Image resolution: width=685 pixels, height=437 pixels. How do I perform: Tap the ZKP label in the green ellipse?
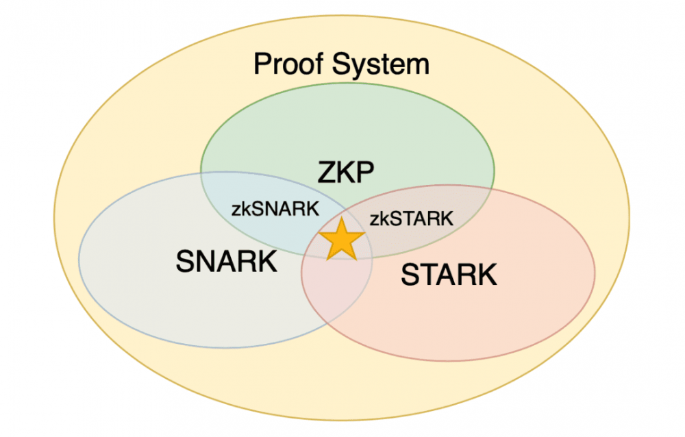click(x=346, y=173)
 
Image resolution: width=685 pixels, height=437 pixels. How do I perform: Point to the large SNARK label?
click(x=227, y=261)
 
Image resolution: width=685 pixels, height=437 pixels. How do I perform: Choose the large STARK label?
click(x=449, y=275)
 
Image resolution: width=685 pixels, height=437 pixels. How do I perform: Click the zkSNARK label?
click(x=275, y=209)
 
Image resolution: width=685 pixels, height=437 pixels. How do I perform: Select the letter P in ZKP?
click(x=365, y=173)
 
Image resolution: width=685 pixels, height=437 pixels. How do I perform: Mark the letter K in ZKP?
click(x=346, y=173)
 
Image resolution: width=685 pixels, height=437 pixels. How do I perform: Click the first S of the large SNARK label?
click(x=185, y=261)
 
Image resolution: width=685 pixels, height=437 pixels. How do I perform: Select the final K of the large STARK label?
click(x=486, y=275)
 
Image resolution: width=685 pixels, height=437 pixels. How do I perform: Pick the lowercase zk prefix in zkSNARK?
click(x=240, y=209)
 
